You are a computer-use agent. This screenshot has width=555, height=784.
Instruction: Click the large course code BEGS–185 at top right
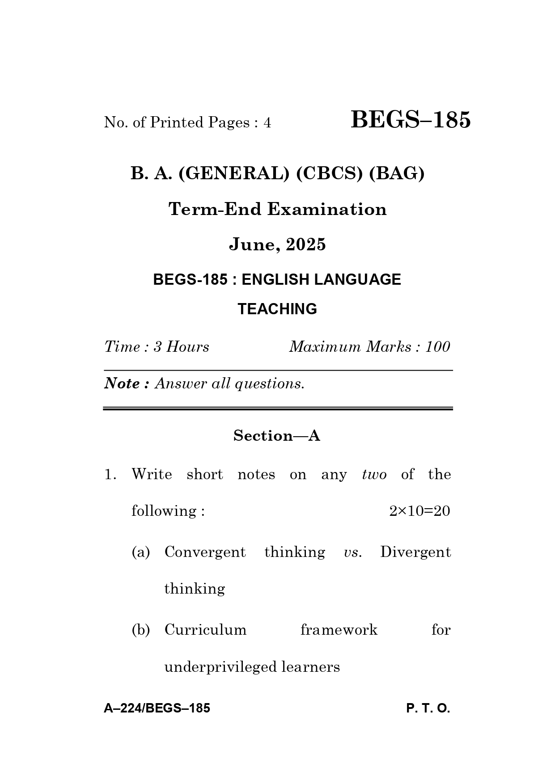point(411,120)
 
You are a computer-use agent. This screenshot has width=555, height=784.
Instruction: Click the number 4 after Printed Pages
point(267,122)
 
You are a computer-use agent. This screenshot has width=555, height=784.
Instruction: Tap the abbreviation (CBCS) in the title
point(330,173)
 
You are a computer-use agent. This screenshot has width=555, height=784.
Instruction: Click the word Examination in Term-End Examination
point(327,209)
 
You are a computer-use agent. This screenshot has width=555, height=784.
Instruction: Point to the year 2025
point(306,244)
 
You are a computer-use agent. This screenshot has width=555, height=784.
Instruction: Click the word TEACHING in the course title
point(277,309)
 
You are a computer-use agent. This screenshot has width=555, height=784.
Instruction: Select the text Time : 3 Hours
point(157,347)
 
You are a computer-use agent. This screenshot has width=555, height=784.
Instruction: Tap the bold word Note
point(122,384)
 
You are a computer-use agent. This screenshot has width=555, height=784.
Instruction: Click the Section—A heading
point(277,435)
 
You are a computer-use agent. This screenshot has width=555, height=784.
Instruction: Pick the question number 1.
point(110,475)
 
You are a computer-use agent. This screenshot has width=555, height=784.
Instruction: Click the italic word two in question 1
point(374,474)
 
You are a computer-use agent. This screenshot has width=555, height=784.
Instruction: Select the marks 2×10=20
point(419,511)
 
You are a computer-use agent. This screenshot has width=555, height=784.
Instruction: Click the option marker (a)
point(141,552)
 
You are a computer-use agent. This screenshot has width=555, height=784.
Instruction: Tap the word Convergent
point(205,552)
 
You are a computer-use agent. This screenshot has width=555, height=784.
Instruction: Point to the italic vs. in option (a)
point(352,552)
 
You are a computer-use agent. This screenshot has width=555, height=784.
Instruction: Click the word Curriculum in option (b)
point(205,630)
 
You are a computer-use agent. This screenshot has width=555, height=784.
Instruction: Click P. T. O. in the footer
point(428,708)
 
